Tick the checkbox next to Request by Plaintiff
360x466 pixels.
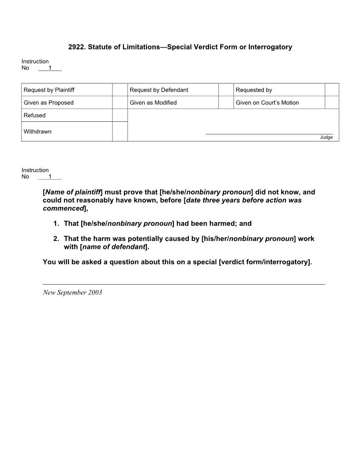tap(120, 90)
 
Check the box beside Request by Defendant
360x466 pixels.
tap(226, 90)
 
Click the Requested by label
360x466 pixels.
tap(254, 90)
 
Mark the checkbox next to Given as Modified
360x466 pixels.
tap(226, 102)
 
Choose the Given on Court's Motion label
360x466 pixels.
tap(267, 103)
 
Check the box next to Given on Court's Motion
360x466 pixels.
tap(332, 102)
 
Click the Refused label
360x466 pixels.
tap(34, 115)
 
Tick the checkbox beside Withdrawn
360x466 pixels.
tap(120, 132)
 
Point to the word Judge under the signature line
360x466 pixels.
tap(326, 137)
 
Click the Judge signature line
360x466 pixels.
tap(269, 133)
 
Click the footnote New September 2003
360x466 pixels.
tap(72, 293)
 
